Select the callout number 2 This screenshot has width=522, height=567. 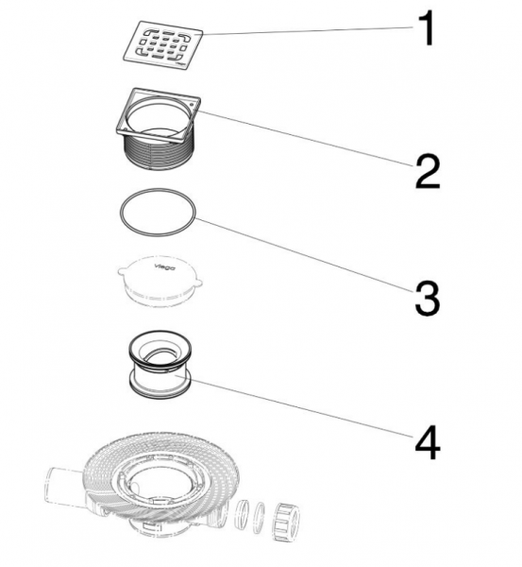click(x=428, y=171)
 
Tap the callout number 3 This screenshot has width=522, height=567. click(x=428, y=298)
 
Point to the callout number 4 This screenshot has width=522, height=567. click(x=428, y=442)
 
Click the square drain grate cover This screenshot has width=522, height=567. click(x=163, y=44)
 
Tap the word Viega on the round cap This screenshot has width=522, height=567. click(x=165, y=267)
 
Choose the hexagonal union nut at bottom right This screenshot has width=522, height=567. click(x=287, y=522)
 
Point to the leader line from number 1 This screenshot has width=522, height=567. click(x=308, y=30)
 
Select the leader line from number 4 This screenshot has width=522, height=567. click(x=295, y=406)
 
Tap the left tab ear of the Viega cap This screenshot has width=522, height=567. click(x=122, y=271)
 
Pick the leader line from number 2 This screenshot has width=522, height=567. click(x=306, y=139)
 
